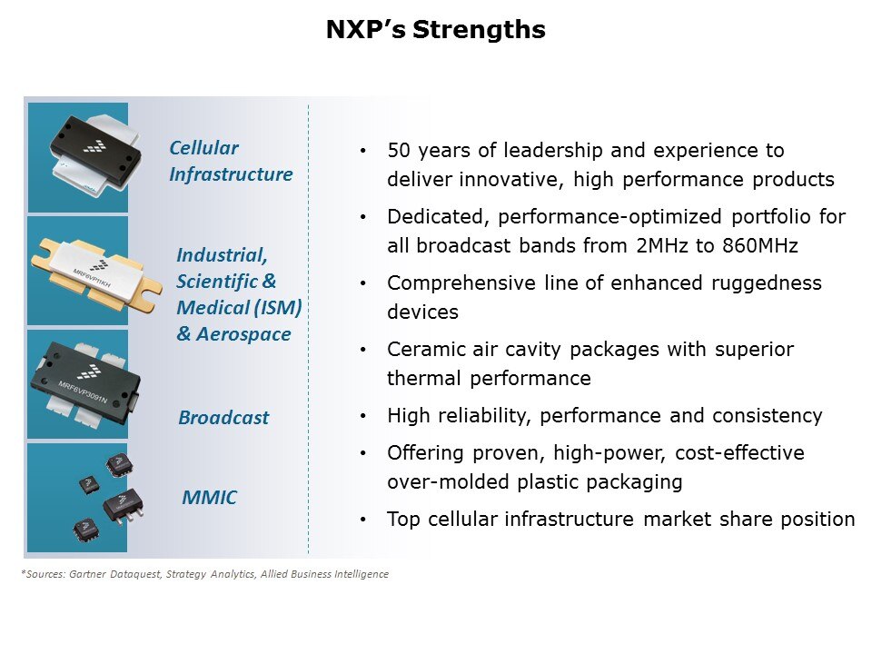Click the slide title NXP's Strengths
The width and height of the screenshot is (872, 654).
(x=436, y=31)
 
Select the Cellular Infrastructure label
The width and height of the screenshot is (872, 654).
(x=231, y=161)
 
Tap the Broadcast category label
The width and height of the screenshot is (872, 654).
(x=223, y=418)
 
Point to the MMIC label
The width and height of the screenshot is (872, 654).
(x=210, y=497)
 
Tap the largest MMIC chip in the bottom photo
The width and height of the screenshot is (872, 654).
(x=124, y=503)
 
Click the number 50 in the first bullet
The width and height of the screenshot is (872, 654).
(x=398, y=150)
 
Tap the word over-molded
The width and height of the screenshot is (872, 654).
(x=440, y=482)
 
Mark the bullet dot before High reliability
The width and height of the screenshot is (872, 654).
(x=364, y=417)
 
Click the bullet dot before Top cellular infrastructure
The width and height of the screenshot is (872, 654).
(x=364, y=520)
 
